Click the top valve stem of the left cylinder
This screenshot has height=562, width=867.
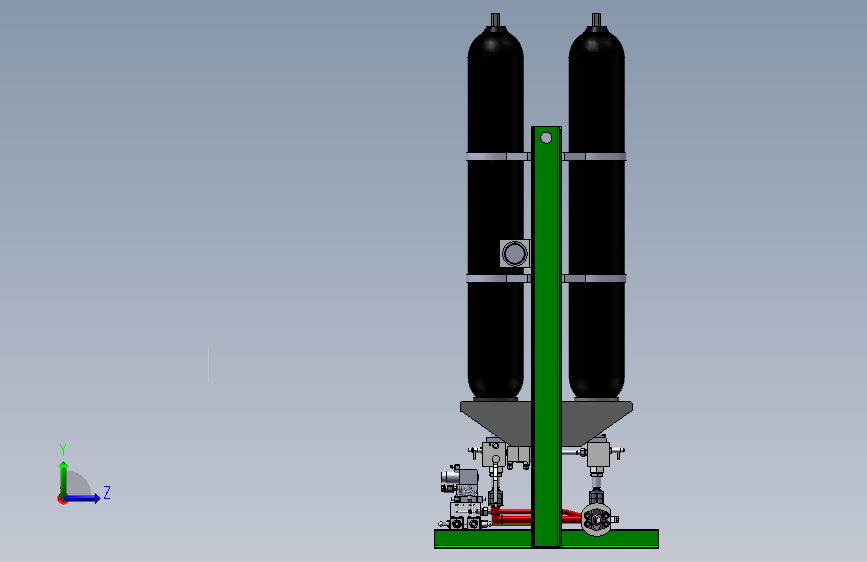tap(495, 20)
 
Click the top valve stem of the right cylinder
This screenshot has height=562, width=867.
tap(596, 20)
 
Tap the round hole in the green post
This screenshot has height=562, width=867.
tap(546, 138)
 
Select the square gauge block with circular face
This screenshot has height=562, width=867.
tap(515, 254)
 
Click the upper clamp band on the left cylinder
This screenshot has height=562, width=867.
tap(498, 157)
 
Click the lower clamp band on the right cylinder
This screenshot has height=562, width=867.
tap(594, 278)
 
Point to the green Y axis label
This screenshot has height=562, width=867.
tap(63, 449)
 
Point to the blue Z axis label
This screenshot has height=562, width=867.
tap(107, 492)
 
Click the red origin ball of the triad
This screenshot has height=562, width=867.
tap(62, 499)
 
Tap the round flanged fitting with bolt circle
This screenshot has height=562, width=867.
tap(596, 520)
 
